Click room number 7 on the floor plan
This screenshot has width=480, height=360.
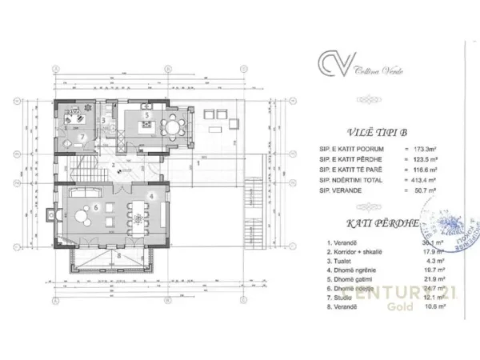tap(82, 136)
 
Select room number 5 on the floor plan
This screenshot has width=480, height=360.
tap(146, 114)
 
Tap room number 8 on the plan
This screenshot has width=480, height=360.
tap(119, 255)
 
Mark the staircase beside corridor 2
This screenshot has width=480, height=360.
tap(84, 168)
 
